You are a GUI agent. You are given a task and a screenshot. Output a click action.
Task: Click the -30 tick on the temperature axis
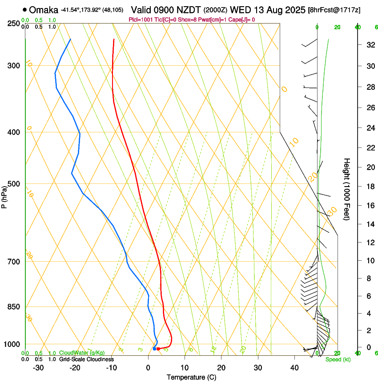tap(38, 367)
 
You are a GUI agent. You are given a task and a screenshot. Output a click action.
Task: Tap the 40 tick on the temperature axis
tap(294, 367)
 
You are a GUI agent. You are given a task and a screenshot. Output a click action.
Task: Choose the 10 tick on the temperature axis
tap(185, 367)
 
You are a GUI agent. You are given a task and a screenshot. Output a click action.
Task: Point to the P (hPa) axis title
tap(4, 196)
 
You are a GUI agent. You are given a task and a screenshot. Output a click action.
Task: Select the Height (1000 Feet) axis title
tap(347, 189)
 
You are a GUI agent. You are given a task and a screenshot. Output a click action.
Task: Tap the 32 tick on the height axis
tap(370, 45)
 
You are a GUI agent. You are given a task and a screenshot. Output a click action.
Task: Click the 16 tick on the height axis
tap(370, 206)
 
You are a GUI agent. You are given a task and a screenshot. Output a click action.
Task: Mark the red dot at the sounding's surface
tap(158, 349)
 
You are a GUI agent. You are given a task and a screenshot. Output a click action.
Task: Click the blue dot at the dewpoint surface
tap(154, 349)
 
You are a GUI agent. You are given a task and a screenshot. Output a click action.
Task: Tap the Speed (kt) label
tap(338, 359)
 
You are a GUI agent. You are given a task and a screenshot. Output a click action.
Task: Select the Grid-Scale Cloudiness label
tap(86, 359)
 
